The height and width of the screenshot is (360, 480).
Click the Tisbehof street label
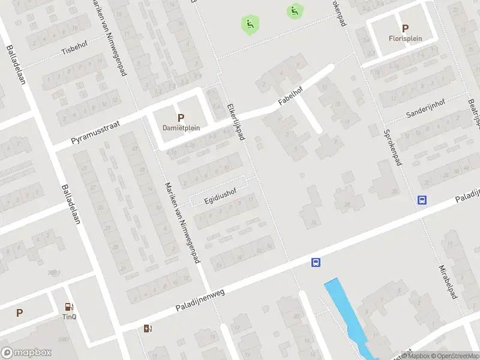click(x=75, y=51)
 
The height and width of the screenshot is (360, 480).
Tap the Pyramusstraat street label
click(x=95, y=132)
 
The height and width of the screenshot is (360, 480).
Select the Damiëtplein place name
click(x=181, y=127)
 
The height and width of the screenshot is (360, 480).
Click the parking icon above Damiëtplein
click(x=181, y=118)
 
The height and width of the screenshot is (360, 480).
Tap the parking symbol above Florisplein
click(x=405, y=28)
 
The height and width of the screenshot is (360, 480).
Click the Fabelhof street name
click(x=290, y=97)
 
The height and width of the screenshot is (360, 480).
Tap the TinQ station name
click(x=70, y=316)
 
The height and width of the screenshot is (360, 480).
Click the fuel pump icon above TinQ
click(x=70, y=307)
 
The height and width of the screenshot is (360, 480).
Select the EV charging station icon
click(x=148, y=328)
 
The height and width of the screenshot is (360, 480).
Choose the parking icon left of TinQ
click(x=20, y=313)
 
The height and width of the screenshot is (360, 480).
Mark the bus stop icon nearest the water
click(x=316, y=262)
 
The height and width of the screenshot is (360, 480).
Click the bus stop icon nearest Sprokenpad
click(x=422, y=200)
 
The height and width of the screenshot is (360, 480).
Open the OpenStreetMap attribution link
click(x=455, y=356)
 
